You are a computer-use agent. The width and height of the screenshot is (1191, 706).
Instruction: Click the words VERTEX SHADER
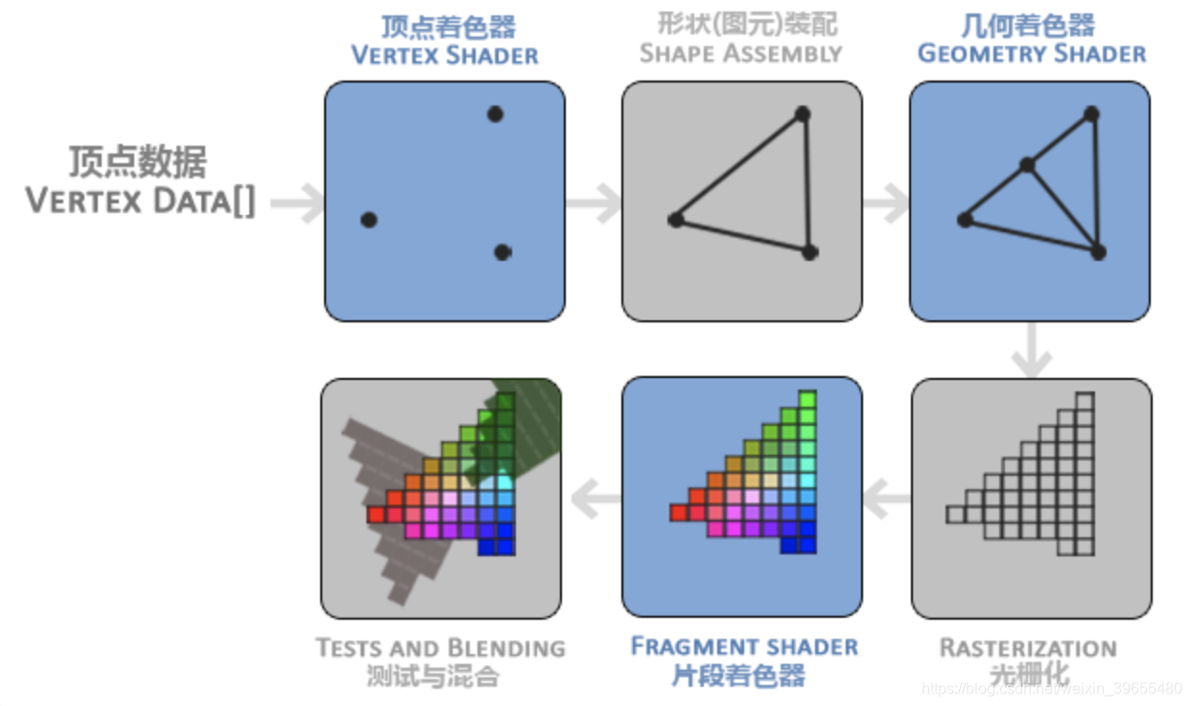pyautogui.click(x=445, y=55)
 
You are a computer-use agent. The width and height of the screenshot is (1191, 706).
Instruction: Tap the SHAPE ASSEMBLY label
pyautogui.click(x=740, y=53)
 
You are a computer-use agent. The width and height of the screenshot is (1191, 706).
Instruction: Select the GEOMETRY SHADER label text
pyautogui.click(x=1032, y=53)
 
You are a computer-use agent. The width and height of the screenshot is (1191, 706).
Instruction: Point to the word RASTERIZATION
pyautogui.click(x=1028, y=648)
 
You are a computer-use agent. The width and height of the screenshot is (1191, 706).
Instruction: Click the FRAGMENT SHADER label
pyautogui.click(x=743, y=647)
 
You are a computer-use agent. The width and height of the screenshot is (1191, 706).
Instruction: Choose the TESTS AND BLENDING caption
pyautogui.click(x=440, y=648)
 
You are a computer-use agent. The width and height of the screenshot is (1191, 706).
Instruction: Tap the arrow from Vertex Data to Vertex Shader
pyautogui.click(x=298, y=203)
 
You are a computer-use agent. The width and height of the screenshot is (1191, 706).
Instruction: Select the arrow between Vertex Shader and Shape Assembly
pyautogui.click(x=595, y=202)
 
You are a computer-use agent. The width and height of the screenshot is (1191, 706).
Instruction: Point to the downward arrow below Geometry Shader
pyautogui.click(x=1032, y=351)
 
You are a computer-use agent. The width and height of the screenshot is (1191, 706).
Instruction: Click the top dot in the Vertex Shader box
pyautogui.click(x=495, y=114)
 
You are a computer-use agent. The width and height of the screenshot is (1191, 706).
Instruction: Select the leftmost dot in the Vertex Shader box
pyautogui.click(x=368, y=220)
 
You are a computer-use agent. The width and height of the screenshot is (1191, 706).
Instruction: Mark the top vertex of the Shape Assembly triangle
pyautogui.click(x=803, y=114)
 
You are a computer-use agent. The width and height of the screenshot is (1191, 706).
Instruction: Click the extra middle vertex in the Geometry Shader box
pyautogui.click(x=1027, y=165)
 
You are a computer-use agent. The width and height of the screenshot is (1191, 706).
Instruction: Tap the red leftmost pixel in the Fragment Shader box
pyautogui.click(x=679, y=513)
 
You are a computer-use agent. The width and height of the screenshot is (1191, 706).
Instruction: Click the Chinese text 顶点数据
pyautogui.click(x=137, y=162)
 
